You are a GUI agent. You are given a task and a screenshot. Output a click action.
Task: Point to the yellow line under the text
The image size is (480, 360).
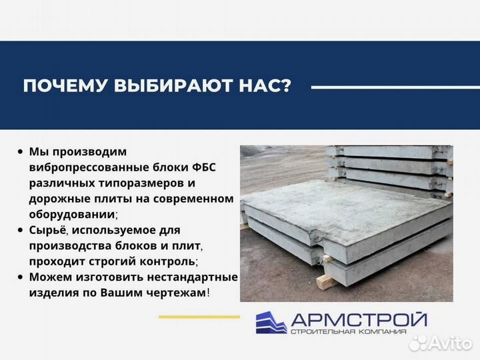199,316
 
